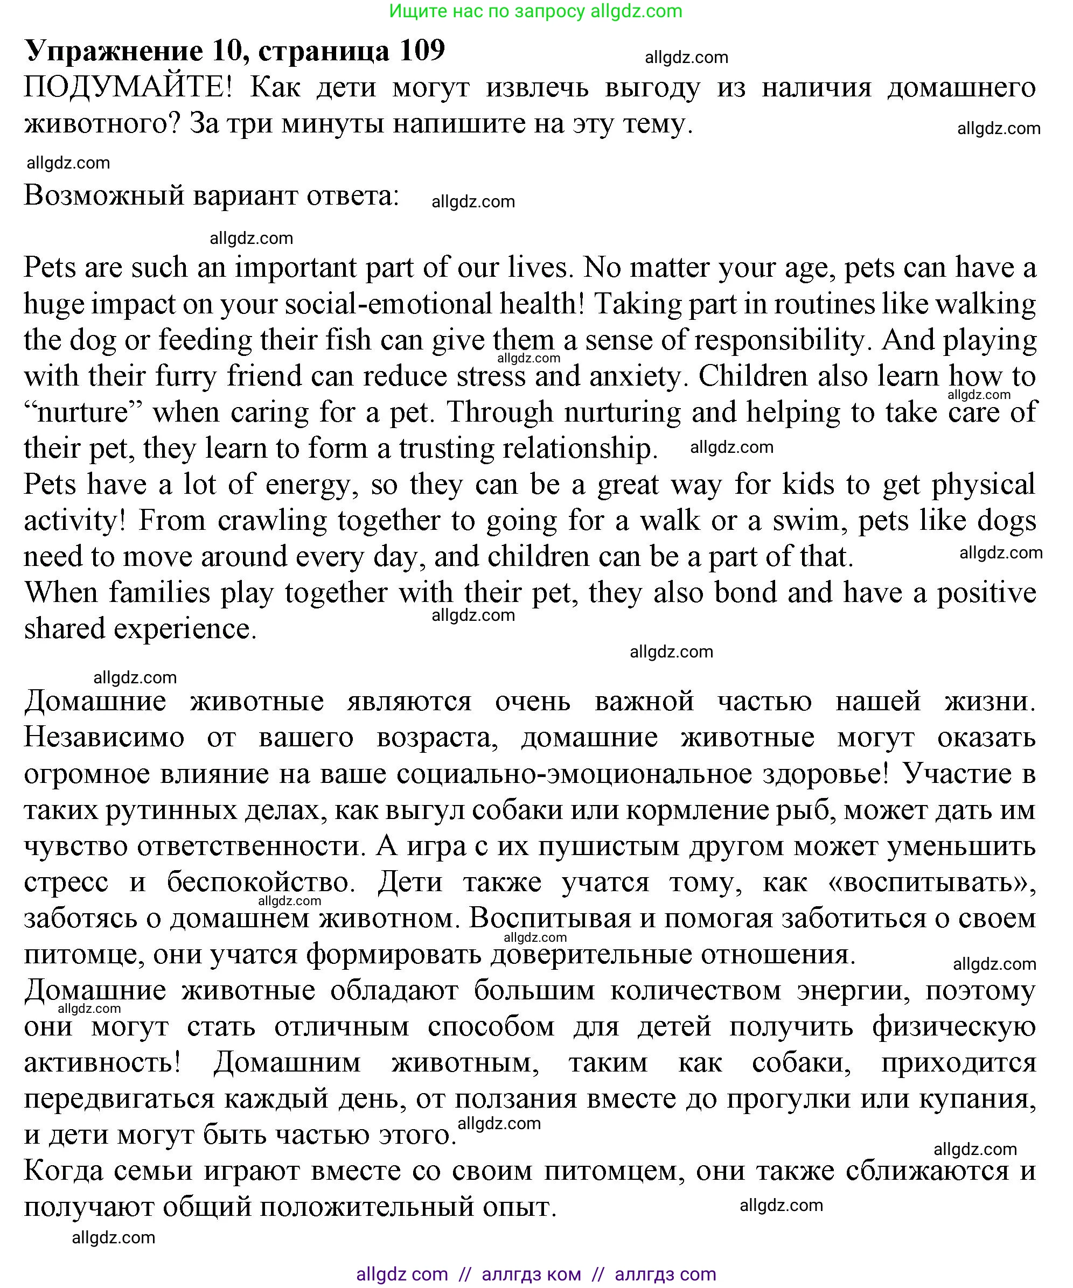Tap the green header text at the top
tap(535, 11)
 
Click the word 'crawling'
tap(273, 521)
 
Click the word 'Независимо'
tap(104, 738)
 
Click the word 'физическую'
tap(954, 1027)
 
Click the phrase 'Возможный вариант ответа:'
tap(212, 195)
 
